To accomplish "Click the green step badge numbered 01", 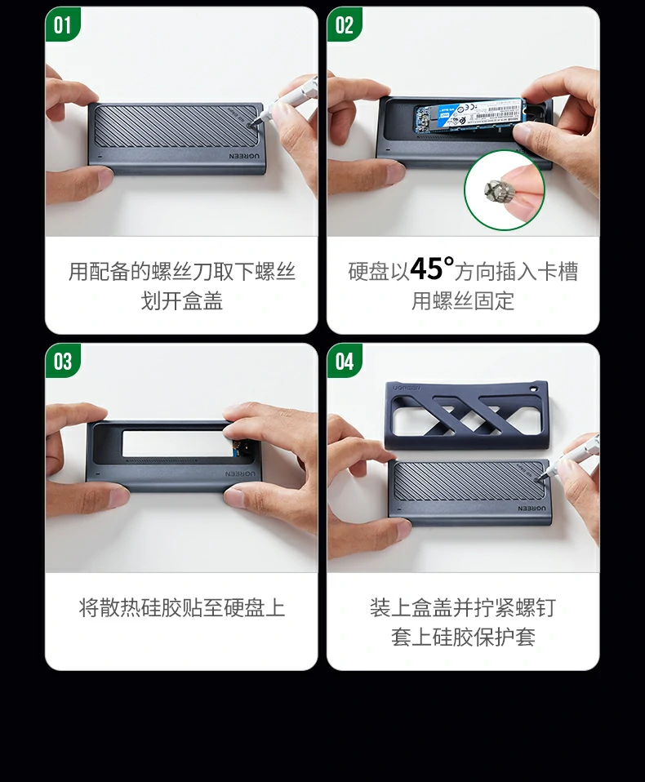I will pos(63,25).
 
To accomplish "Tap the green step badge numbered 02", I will pos(345,25).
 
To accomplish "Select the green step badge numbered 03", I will pos(63,362).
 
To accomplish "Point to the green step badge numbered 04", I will pos(345,362).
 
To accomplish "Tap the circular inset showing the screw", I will pos(504,190).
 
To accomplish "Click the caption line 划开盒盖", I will pos(181,301).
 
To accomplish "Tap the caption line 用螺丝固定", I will pos(463,301).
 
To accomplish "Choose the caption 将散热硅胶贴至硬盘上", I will pos(181,608).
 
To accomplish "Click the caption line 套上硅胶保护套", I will pos(463,638).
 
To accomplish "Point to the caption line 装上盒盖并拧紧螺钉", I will pos(463,608).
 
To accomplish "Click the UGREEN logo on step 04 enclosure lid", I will pos(532,507).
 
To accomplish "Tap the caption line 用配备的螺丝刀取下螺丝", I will pos(181,271).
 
